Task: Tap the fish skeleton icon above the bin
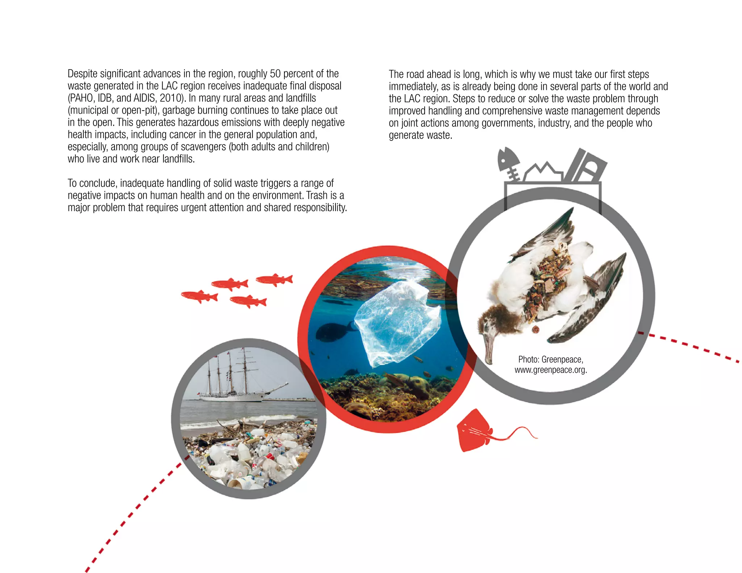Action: [509, 163]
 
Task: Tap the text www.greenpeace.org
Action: [550, 370]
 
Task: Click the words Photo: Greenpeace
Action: [550, 359]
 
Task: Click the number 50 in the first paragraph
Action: [275, 74]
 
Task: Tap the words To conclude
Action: [92, 183]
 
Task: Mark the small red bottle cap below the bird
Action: [535, 329]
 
